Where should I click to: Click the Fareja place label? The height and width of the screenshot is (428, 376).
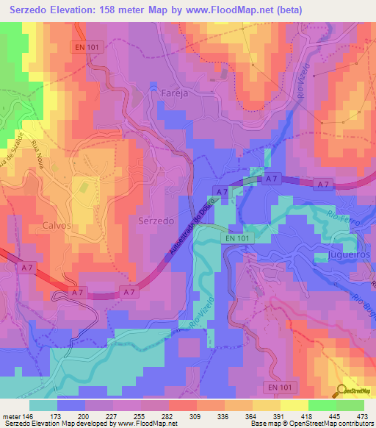click(x=164, y=93)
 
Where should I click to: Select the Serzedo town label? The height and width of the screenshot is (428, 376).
click(x=156, y=221)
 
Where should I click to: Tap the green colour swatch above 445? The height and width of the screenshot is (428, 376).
click(x=322, y=405)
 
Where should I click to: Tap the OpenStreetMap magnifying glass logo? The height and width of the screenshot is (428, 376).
click(x=344, y=390)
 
